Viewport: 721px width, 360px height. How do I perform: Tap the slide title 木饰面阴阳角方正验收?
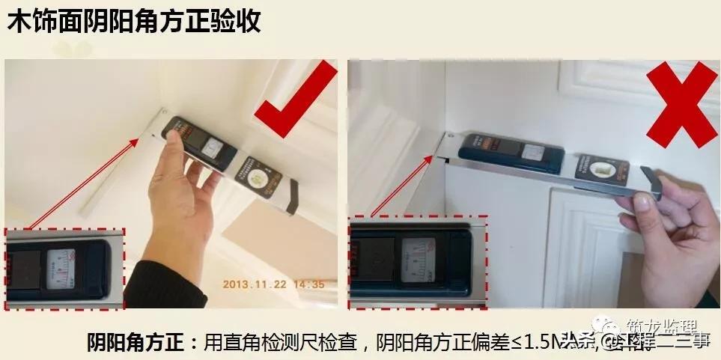(134, 21)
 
